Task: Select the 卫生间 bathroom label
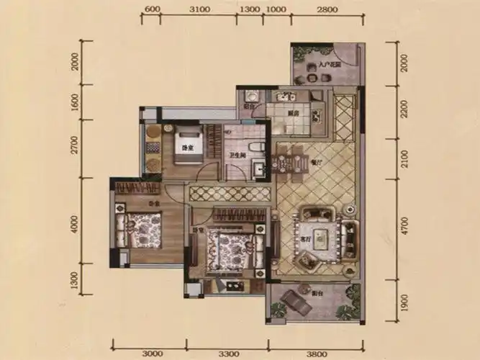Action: point(237,154)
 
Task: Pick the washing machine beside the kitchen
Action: point(251,96)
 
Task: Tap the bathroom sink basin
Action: point(258,170)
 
